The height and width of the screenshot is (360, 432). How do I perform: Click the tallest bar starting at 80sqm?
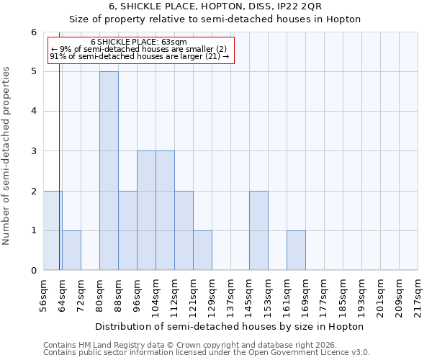(109, 171)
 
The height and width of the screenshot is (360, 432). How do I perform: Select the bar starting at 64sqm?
(71, 251)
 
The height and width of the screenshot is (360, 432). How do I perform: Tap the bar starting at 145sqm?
(258, 230)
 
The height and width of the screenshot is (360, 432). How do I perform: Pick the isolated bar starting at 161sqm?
(296, 251)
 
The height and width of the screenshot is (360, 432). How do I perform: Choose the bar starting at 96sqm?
(146, 210)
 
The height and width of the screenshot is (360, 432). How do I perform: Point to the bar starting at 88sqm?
(127, 230)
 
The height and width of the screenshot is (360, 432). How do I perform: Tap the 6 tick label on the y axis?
(33, 32)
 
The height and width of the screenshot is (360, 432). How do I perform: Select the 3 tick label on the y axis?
(33, 151)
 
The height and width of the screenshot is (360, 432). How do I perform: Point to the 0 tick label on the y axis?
(33, 271)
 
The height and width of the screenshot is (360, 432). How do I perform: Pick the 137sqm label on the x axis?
(231, 295)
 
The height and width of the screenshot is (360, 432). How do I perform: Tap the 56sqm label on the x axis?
(44, 294)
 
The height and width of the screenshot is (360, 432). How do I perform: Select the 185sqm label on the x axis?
(343, 295)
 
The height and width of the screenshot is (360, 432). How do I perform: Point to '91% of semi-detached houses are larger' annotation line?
(140, 56)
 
